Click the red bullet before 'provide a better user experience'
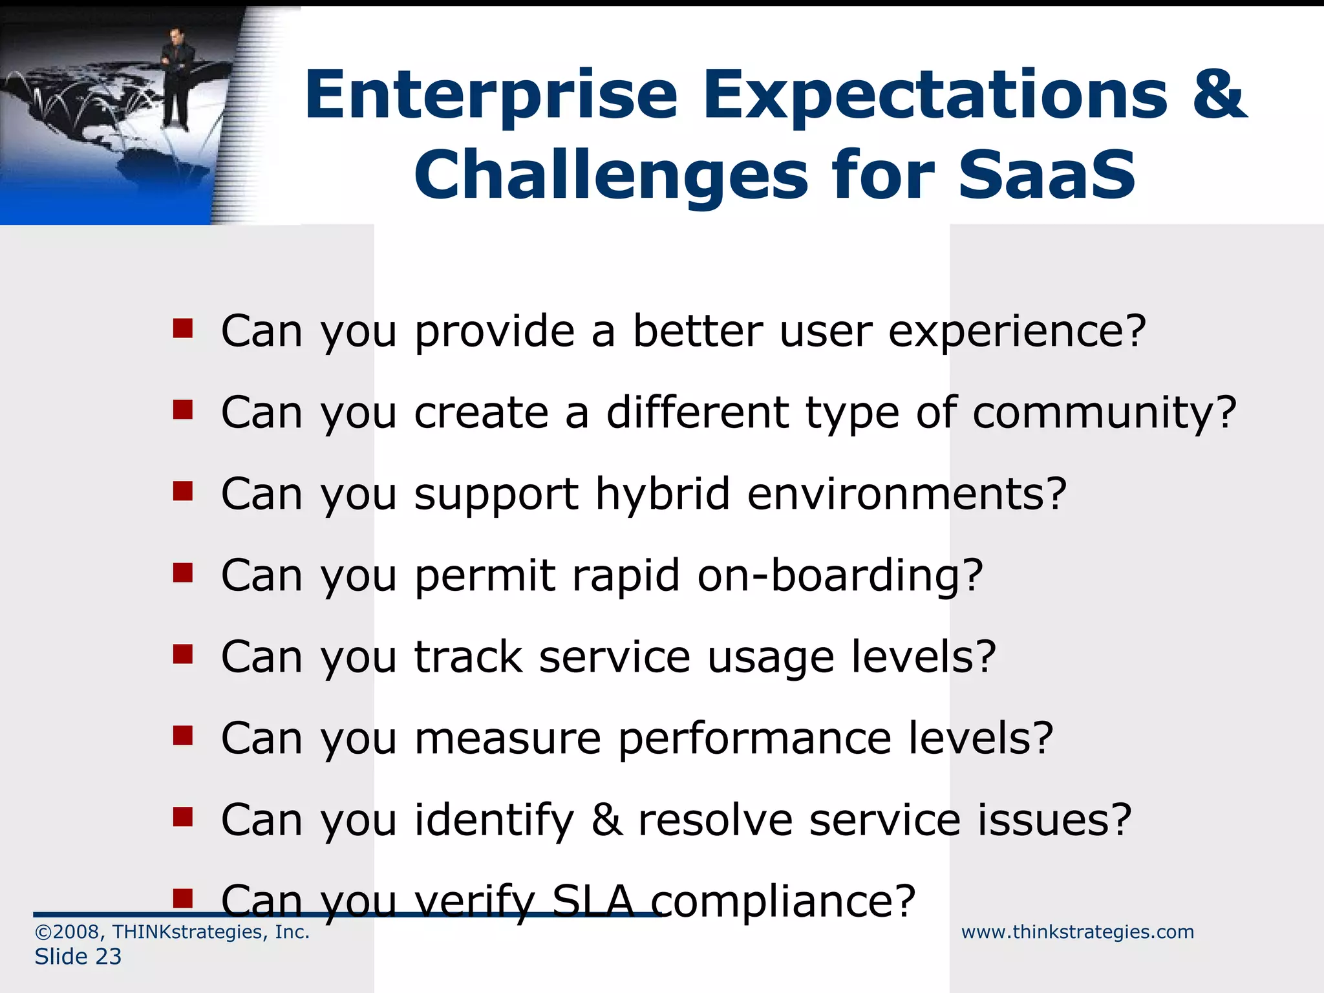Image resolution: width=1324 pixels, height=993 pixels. click(x=183, y=329)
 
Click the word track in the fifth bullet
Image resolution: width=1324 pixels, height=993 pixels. click(x=468, y=657)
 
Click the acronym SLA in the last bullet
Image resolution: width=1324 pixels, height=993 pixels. click(x=593, y=901)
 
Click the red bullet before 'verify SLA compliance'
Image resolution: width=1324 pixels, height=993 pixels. click(x=183, y=898)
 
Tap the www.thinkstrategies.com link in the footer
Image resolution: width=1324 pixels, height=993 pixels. click(x=1077, y=932)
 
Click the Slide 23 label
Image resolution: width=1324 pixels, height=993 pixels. click(x=78, y=957)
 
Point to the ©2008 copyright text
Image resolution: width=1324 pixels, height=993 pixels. click(x=172, y=932)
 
